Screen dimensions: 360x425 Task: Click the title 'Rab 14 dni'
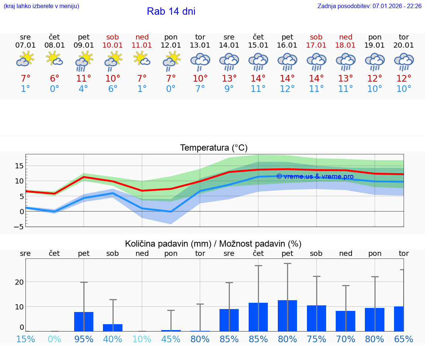pos(171,11)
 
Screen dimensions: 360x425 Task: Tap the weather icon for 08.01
pos(55,59)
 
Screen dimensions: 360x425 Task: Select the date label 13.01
pos(200,45)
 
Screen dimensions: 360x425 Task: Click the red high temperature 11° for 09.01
pos(84,79)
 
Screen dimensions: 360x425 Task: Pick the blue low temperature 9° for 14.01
pos(229,89)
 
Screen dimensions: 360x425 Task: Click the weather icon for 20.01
pos(404,62)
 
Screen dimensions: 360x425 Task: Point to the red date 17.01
pos(316,45)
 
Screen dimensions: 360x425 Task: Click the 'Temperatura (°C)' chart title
pos(214,148)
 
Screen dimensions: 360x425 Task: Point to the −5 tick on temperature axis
pos(19,227)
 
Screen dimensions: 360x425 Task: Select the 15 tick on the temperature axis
pos(20,166)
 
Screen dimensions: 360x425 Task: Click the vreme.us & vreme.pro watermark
pos(315,176)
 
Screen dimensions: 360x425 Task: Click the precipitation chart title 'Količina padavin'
pos(213,244)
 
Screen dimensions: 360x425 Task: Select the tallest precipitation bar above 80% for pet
pos(287,316)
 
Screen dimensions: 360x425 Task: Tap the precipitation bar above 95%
pos(84,322)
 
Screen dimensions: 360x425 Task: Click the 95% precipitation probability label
pos(84,339)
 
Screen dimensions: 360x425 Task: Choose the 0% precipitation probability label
pos(55,339)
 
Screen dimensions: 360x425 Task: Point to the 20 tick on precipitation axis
pos(19,282)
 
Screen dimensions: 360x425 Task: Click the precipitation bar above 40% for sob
pos(113,328)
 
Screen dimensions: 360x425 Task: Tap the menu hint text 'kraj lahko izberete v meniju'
pos(41,6)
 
